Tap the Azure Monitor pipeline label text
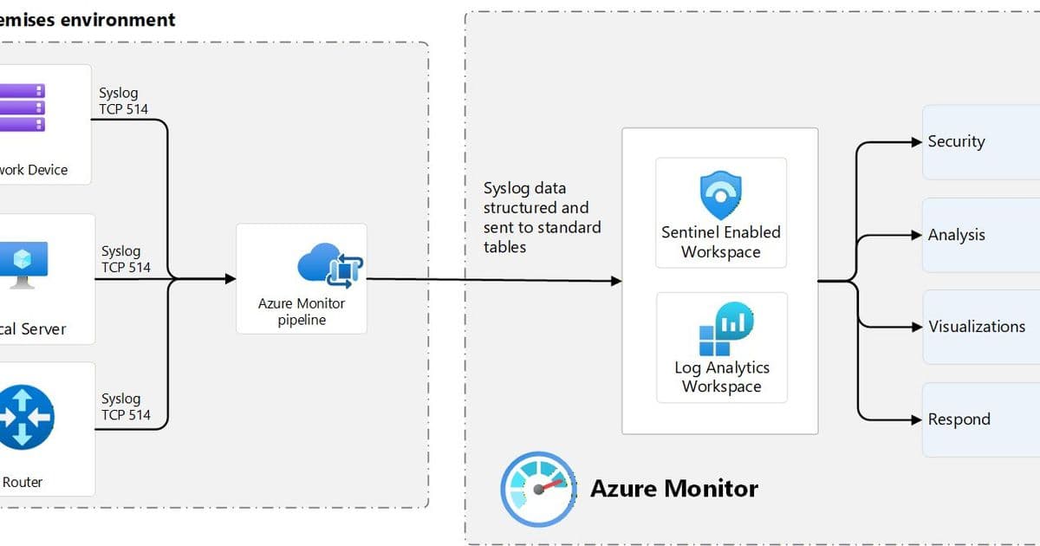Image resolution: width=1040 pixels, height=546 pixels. coord(302,312)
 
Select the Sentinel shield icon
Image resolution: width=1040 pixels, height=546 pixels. coord(720,195)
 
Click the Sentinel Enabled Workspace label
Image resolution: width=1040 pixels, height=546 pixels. coord(721,242)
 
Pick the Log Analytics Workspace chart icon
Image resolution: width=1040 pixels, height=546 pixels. coord(726,330)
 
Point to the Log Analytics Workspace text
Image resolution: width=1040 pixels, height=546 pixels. coord(722,377)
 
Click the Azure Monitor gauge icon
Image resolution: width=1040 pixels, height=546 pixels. coord(538,488)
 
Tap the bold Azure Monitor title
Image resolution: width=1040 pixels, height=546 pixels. coord(673,488)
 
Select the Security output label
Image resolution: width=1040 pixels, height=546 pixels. coord(956,141)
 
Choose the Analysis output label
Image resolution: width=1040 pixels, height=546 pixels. coord(956,235)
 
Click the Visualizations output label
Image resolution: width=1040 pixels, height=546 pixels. coord(977,327)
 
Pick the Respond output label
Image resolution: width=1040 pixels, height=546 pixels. coord(959,419)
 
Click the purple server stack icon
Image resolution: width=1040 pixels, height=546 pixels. coord(23,107)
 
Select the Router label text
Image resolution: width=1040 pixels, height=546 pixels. coord(23,482)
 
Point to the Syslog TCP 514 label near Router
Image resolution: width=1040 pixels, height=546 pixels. coord(126,406)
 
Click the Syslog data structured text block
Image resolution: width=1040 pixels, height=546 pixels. coord(542,218)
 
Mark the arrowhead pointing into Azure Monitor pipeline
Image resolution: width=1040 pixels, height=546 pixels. coord(231,279)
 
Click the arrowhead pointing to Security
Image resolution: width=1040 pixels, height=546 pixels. coord(917,142)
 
